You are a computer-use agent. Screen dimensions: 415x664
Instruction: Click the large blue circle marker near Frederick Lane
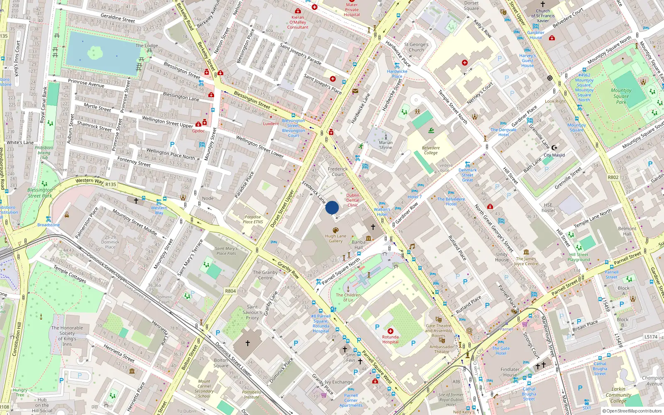click(x=332, y=207)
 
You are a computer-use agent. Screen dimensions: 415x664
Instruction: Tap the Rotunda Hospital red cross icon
click(x=390, y=331)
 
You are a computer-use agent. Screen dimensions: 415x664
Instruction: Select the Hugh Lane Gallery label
click(x=336, y=238)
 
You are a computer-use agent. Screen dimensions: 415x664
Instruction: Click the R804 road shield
click(x=230, y=291)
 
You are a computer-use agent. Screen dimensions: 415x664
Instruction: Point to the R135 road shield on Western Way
click(x=111, y=184)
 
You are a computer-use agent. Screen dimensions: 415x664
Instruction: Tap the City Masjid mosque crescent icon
click(x=554, y=148)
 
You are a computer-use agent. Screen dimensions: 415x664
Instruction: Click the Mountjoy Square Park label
click(x=621, y=96)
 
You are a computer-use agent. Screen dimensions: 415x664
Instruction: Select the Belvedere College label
click(x=431, y=150)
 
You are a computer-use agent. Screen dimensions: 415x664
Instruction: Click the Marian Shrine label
click(x=386, y=145)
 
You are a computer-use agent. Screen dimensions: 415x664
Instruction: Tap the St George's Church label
click(x=416, y=47)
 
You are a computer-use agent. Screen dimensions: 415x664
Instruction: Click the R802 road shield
click(x=613, y=177)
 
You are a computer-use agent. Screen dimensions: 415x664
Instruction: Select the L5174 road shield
click(x=651, y=337)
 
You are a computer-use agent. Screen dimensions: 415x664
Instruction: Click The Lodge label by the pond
click(x=146, y=46)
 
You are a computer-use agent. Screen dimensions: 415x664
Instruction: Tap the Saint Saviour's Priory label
click(x=252, y=312)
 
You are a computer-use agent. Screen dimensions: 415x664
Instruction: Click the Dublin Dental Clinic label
click(x=353, y=200)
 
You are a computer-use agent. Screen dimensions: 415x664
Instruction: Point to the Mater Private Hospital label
click(x=352, y=10)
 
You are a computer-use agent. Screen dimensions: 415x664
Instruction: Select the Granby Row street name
click(x=288, y=269)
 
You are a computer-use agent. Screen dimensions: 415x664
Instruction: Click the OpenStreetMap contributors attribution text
click(x=632, y=411)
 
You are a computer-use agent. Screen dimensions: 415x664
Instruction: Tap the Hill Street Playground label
click(x=579, y=257)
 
